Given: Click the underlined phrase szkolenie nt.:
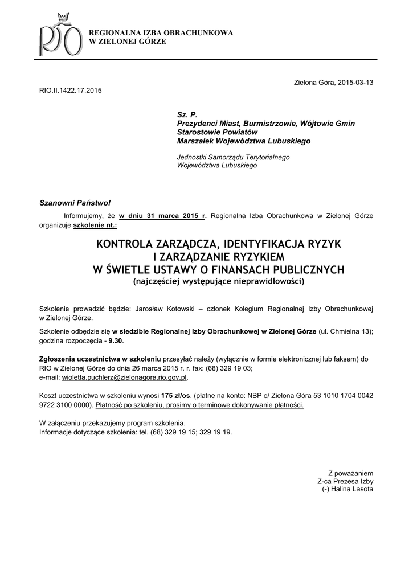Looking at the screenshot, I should (x=95, y=225).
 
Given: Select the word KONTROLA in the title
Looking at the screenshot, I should (x=122, y=245).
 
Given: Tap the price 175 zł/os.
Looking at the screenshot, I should (x=175, y=395).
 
